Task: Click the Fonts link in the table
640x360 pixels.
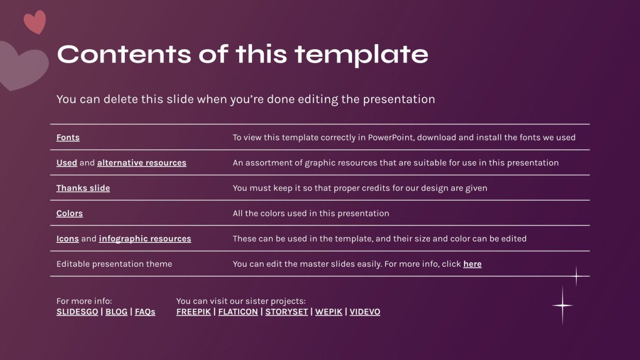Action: pyautogui.click(x=68, y=138)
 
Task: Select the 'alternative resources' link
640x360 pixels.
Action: pyautogui.click(x=142, y=163)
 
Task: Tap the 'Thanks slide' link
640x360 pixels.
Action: pyautogui.click(x=83, y=188)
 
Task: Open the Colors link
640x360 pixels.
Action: pyautogui.click(x=69, y=214)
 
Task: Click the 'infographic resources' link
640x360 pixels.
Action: pyautogui.click(x=145, y=239)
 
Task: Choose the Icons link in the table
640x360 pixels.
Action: pyautogui.click(x=67, y=239)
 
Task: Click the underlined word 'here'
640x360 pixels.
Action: pyautogui.click(x=472, y=264)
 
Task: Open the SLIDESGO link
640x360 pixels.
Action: pyautogui.click(x=77, y=312)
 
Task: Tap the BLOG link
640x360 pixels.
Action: pyautogui.click(x=116, y=312)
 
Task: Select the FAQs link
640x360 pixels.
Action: pyautogui.click(x=145, y=312)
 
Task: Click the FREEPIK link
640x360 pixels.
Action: pyautogui.click(x=193, y=312)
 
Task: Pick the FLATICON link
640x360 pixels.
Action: pyautogui.click(x=238, y=312)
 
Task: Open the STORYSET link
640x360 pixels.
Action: pyautogui.click(x=287, y=312)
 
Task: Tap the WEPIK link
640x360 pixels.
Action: pyautogui.click(x=329, y=312)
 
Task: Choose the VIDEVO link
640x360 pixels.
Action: pyautogui.click(x=365, y=312)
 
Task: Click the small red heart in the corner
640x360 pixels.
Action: pyautogui.click(x=35, y=22)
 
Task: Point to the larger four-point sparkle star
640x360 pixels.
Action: pyautogui.click(x=563, y=305)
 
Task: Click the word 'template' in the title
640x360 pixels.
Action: pyautogui.click(x=361, y=54)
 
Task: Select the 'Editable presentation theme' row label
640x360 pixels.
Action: pyautogui.click(x=114, y=264)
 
